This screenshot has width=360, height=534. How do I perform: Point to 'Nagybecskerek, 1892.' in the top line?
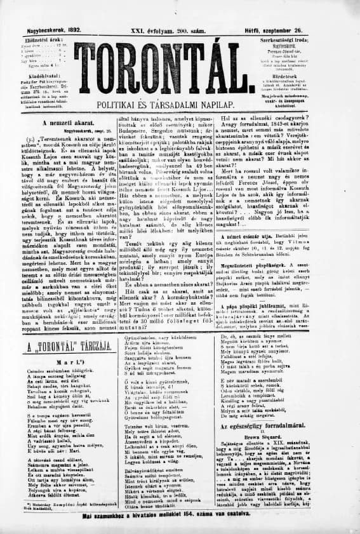click(40, 12)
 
